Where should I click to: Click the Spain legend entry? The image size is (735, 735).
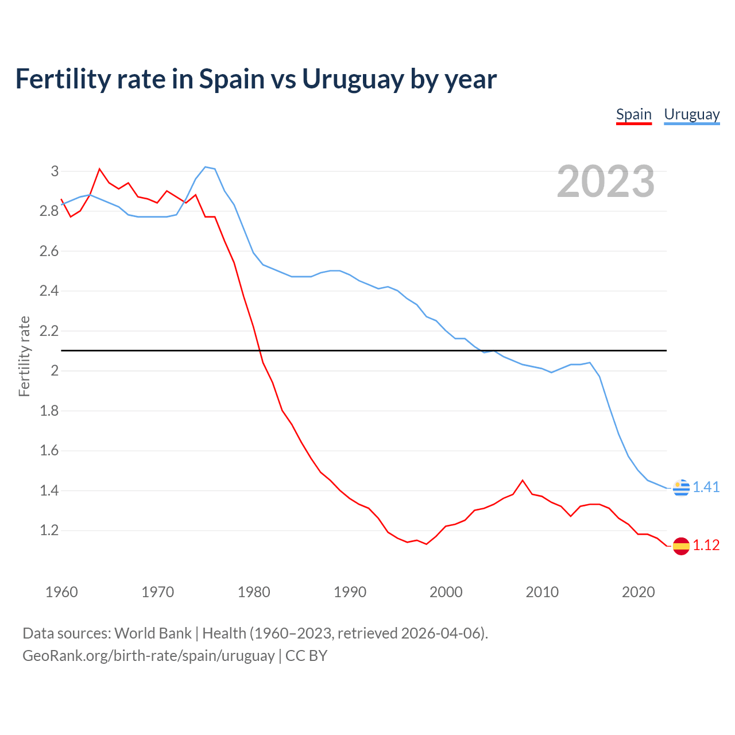[x=633, y=114]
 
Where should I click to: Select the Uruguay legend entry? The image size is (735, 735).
[x=691, y=114]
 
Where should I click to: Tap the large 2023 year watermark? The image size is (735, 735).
[x=606, y=181]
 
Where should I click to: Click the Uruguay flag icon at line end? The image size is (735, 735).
[x=681, y=488]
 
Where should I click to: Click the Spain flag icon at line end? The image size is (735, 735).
[x=681, y=546]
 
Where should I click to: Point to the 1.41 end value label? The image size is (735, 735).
[x=706, y=487]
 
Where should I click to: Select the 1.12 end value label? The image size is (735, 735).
[x=706, y=545]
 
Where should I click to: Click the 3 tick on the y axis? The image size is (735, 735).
[x=55, y=171]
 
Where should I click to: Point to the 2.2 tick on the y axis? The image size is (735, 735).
[x=49, y=331]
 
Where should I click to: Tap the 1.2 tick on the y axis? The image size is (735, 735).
[x=49, y=530]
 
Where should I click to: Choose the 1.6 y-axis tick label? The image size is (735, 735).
[x=49, y=450]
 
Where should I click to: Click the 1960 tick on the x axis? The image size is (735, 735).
[x=61, y=592]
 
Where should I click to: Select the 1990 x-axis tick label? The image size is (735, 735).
[x=350, y=592]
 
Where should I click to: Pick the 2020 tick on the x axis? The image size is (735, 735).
[x=638, y=592]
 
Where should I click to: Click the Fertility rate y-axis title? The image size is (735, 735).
[x=24, y=356]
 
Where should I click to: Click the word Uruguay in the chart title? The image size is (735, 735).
[x=353, y=79]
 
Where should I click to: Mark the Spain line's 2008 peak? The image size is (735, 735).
[x=522, y=480]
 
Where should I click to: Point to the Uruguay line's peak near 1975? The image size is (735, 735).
[x=206, y=167]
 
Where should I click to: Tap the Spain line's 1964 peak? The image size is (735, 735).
[x=99, y=169]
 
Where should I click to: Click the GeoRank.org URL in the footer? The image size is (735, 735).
[x=148, y=656]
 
